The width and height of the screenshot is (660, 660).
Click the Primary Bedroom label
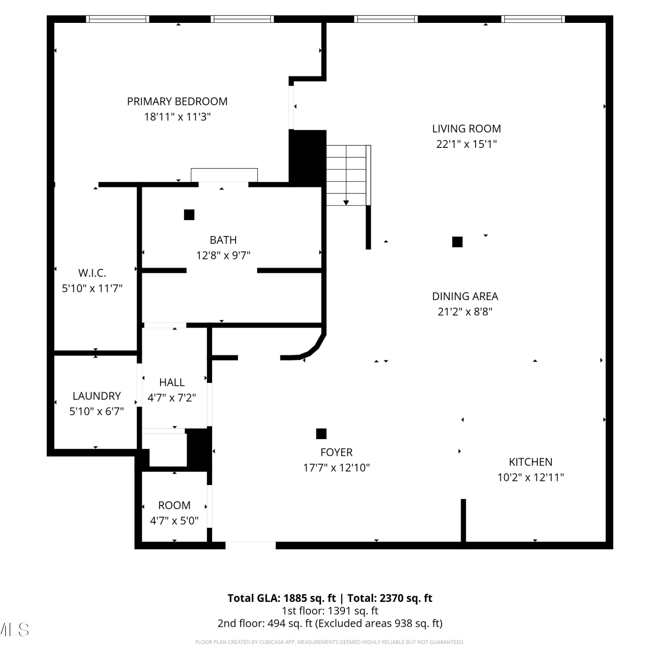pos(177,102)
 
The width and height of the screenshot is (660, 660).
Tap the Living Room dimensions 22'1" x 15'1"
pos(466,144)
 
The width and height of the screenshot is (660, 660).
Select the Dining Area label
pos(465,297)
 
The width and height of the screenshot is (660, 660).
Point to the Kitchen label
pos(531,462)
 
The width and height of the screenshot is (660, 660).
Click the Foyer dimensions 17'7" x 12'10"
pos(336,468)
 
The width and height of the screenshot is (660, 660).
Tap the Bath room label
pos(223,240)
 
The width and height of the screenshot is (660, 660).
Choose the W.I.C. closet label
pos(92,273)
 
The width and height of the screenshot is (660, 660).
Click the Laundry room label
pos(96,396)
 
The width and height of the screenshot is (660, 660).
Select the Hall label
pos(172,382)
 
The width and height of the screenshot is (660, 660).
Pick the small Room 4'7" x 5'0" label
pos(174,506)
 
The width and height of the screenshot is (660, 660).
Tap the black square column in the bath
pos(189,215)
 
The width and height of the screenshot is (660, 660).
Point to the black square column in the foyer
pos(321,434)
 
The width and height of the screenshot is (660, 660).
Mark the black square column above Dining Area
pos(457,242)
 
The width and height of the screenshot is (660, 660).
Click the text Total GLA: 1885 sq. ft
pos(282,598)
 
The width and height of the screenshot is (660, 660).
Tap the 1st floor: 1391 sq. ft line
pos(330,611)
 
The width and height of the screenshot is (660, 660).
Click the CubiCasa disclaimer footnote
pos(330,642)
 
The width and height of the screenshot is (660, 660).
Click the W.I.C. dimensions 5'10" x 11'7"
pos(92,289)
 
